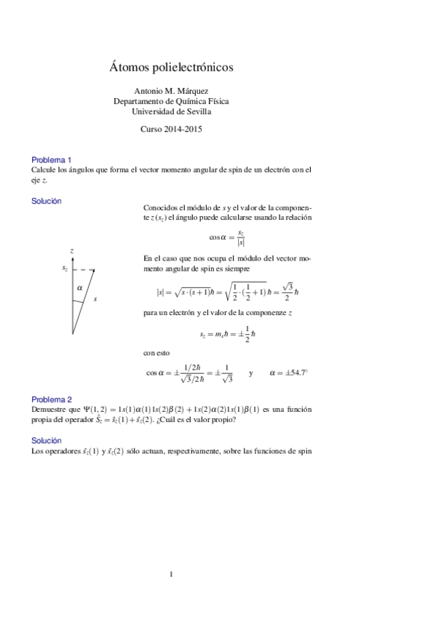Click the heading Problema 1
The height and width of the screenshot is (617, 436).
point(51,159)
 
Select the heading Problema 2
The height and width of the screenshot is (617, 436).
point(51,399)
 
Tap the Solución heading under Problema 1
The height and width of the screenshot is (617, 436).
point(47,201)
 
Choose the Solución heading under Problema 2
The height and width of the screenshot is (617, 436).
point(47,441)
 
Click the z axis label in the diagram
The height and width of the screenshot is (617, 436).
point(72,251)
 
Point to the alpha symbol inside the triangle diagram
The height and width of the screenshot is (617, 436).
point(79,288)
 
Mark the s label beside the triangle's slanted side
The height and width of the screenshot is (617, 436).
point(95,299)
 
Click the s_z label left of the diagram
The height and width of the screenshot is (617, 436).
point(65,269)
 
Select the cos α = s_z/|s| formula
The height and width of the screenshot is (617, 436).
point(227,236)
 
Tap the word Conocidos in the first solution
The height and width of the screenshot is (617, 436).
point(162,207)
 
